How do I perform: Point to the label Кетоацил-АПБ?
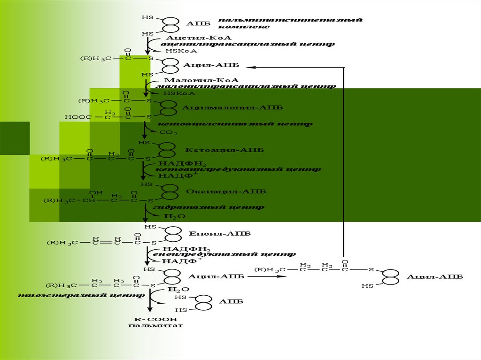coord(225,150)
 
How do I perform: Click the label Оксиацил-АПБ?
coord(226,191)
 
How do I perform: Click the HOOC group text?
coord(78,117)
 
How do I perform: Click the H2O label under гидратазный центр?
coord(174,216)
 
